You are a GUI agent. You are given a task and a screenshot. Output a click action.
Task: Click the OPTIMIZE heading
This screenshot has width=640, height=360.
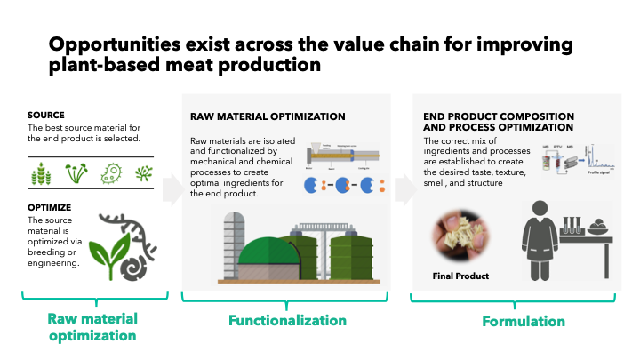click(x=50, y=206)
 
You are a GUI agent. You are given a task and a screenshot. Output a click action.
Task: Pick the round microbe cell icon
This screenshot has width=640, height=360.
click(x=111, y=172)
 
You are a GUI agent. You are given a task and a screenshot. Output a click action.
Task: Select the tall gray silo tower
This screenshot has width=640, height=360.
click(x=233, y=244)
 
